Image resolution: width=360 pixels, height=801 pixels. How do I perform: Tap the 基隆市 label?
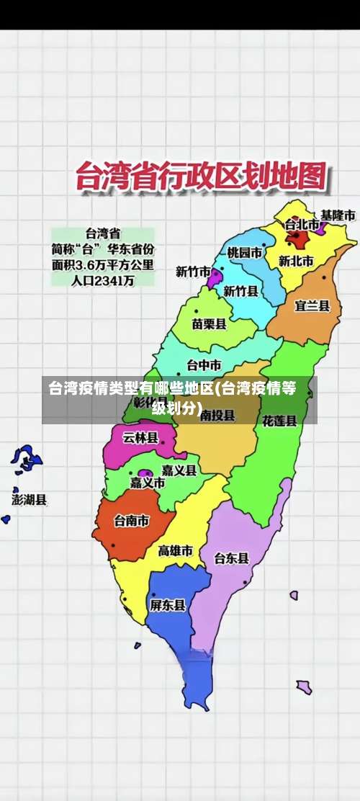337,215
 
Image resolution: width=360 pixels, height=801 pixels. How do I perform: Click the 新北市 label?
295,261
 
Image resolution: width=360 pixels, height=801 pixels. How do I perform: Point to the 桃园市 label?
245,252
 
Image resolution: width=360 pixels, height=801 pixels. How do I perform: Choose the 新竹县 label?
240,291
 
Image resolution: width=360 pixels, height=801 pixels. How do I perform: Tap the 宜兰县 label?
312,305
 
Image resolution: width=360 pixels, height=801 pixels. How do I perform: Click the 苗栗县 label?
209,323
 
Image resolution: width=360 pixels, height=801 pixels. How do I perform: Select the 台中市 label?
204,364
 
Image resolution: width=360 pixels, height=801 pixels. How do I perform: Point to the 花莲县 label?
279,420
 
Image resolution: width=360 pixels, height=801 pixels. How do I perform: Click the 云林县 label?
140,437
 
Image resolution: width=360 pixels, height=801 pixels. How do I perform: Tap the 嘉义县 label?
179,470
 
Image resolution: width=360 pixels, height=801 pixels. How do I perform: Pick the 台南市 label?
132,519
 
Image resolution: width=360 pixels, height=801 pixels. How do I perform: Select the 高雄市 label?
175,550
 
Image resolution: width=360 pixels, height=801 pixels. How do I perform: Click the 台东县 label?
231,558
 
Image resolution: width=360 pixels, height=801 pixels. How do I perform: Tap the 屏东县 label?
167,605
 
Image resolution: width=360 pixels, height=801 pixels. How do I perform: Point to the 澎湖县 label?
30,498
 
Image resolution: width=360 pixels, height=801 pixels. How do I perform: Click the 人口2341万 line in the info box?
102,281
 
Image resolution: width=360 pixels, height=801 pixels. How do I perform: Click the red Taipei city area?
296,238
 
